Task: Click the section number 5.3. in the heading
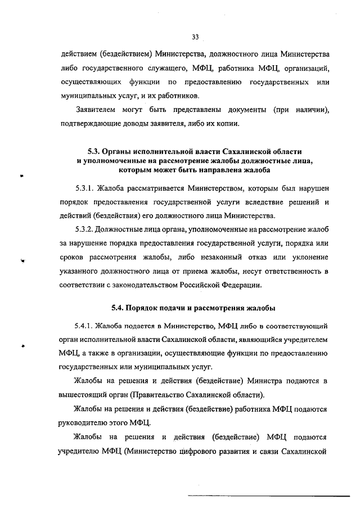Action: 96,152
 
